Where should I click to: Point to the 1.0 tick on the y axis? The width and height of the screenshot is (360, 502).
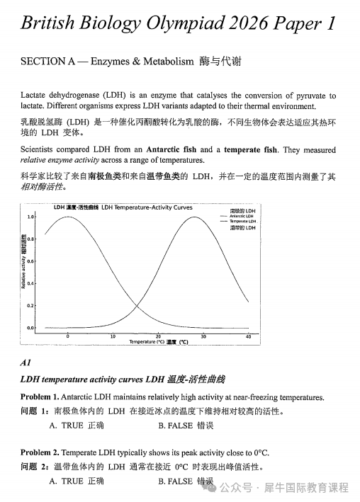pos(30,217)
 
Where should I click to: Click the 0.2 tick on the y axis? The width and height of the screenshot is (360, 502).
pos(30,306)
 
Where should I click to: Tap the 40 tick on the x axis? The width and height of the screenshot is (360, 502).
pos(248,336)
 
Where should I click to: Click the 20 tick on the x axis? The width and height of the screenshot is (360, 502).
pos(158,336)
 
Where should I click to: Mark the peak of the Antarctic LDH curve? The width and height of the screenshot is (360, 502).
pos(68,217)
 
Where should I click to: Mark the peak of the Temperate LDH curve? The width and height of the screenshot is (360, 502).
pos(203,217)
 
